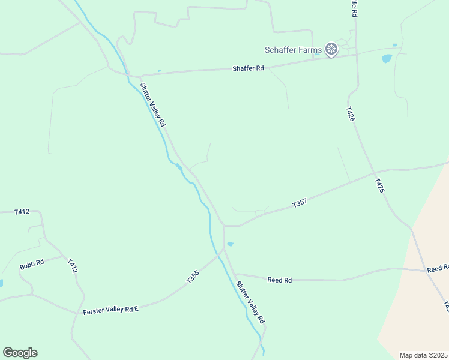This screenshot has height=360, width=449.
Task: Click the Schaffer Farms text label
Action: [x=294, y=50]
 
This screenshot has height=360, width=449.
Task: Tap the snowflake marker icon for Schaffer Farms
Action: [x=331, y=49]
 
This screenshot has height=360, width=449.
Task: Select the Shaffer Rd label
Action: [x=248, y=68]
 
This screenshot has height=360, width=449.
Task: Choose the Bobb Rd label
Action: [x=32, y=263]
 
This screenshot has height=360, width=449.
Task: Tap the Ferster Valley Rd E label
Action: [x=110, y=309]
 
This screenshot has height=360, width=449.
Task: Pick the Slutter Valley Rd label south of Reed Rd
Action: [x=250, y=302]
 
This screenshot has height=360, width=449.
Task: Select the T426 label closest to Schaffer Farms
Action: [x=351, y=114]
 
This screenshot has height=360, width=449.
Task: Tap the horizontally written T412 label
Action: [x=22, y=212]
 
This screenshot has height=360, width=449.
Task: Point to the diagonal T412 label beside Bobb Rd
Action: [x=73, y=266]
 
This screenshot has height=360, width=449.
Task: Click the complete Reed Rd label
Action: [x=279, y=280]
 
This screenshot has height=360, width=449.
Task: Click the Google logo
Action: [x=20, y=353]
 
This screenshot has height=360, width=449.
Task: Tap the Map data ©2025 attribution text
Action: [x=423, y=355]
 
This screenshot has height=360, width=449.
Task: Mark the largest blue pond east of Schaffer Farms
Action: [x=387, y=59]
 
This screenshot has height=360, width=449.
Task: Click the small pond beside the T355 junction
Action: [x=230, y=244]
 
